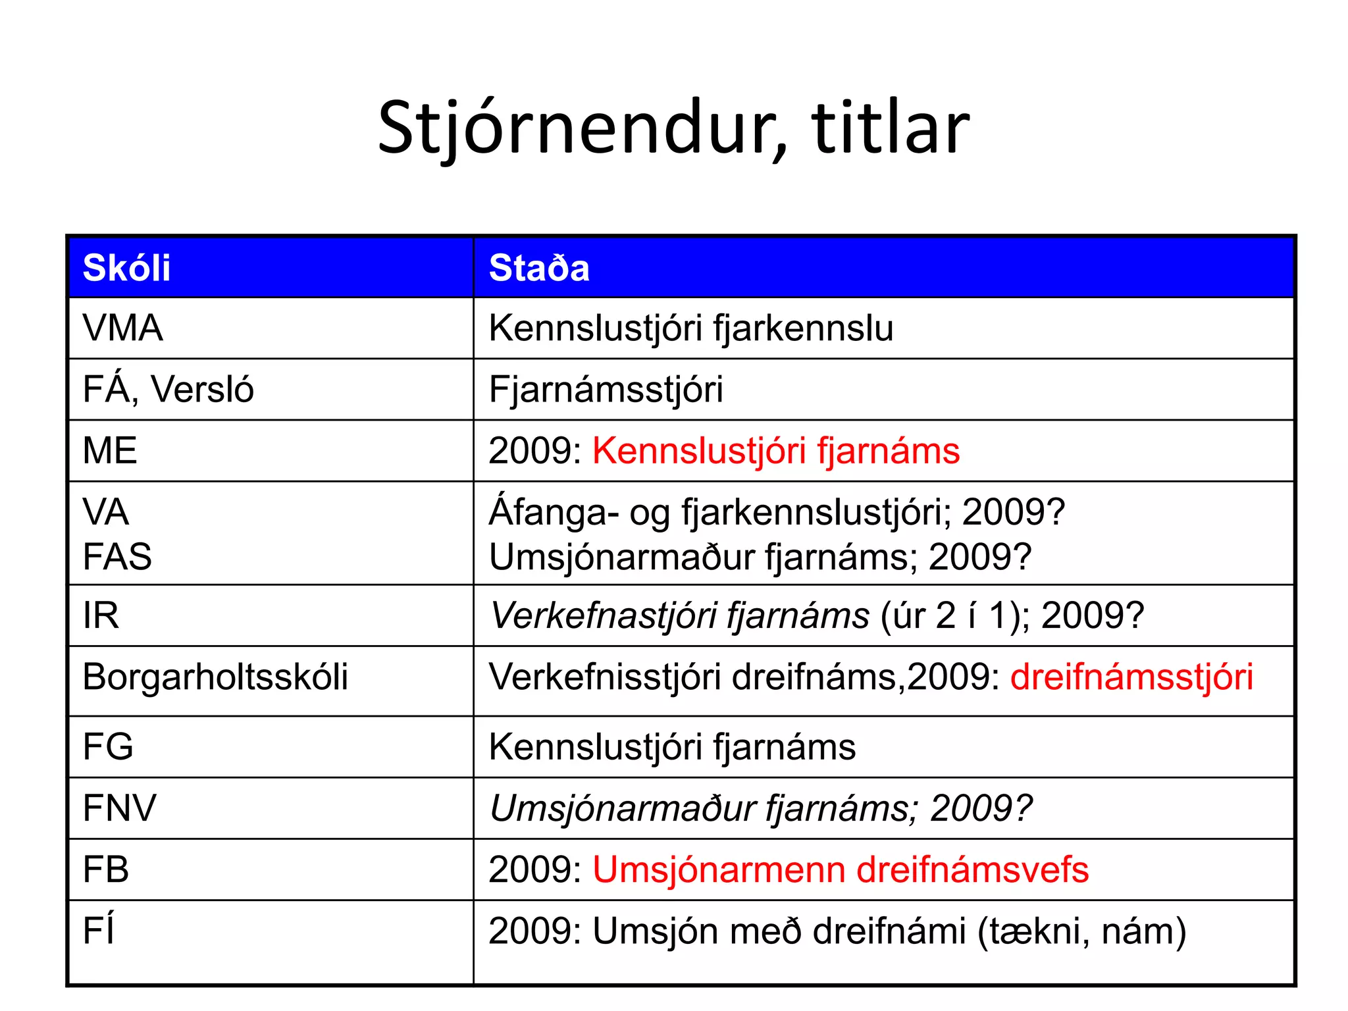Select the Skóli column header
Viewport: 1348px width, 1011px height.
[x=126, y=268]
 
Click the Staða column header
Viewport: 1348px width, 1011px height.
[x=539, y=268]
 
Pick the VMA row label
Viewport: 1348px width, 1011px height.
[x=122, y=328]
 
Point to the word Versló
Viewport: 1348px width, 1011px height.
[x=202, y=389]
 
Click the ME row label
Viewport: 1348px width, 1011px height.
[x=110, y=451]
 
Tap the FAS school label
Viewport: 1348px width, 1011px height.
[x=117, y=557]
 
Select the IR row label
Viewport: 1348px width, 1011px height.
[x=101, y=615]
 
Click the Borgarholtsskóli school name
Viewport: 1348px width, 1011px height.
[x=215, y=677]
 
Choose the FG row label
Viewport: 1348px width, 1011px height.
[x=108, y=746]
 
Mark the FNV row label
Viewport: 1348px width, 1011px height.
[x=120, y=808]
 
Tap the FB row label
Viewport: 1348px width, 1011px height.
[x=105, y=869]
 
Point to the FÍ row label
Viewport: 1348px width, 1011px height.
[x=99, y=930]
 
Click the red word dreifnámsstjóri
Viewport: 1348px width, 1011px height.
[x=1131, y=677]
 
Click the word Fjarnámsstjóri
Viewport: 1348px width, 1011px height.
[x=606, y=389]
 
